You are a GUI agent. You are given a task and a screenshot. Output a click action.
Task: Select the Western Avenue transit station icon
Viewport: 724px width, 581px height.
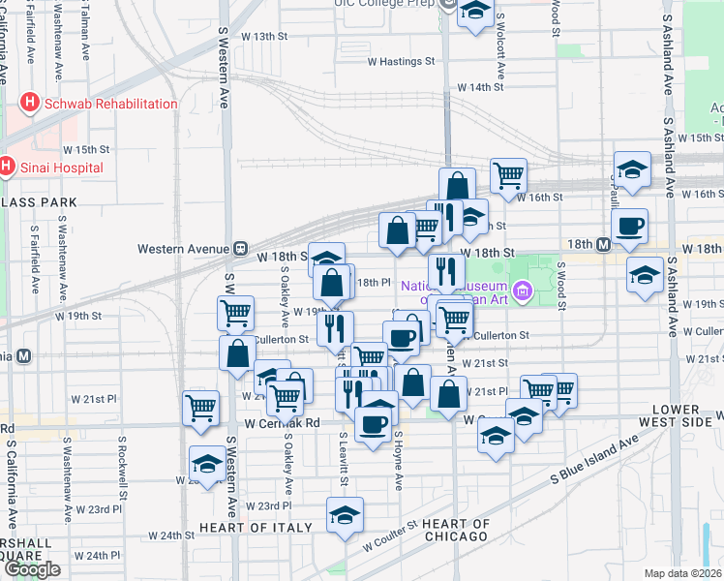pos(237,249)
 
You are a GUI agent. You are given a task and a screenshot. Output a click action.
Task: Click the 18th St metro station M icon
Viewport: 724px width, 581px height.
pos(604,245)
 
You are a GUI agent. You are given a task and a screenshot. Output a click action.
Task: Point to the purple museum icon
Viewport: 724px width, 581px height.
pos(523,290)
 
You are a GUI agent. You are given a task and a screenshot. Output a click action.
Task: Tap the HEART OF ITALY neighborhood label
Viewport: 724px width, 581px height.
pos(256,528)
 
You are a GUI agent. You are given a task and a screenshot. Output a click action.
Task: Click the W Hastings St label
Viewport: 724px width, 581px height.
pos(400,61)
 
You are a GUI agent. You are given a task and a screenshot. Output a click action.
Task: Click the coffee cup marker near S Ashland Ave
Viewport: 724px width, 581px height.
pos(630,226)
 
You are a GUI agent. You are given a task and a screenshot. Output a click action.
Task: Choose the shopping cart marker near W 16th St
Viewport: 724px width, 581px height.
pos(508,175)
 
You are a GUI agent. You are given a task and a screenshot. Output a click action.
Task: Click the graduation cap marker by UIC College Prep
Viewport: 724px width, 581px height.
pos(474,13)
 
